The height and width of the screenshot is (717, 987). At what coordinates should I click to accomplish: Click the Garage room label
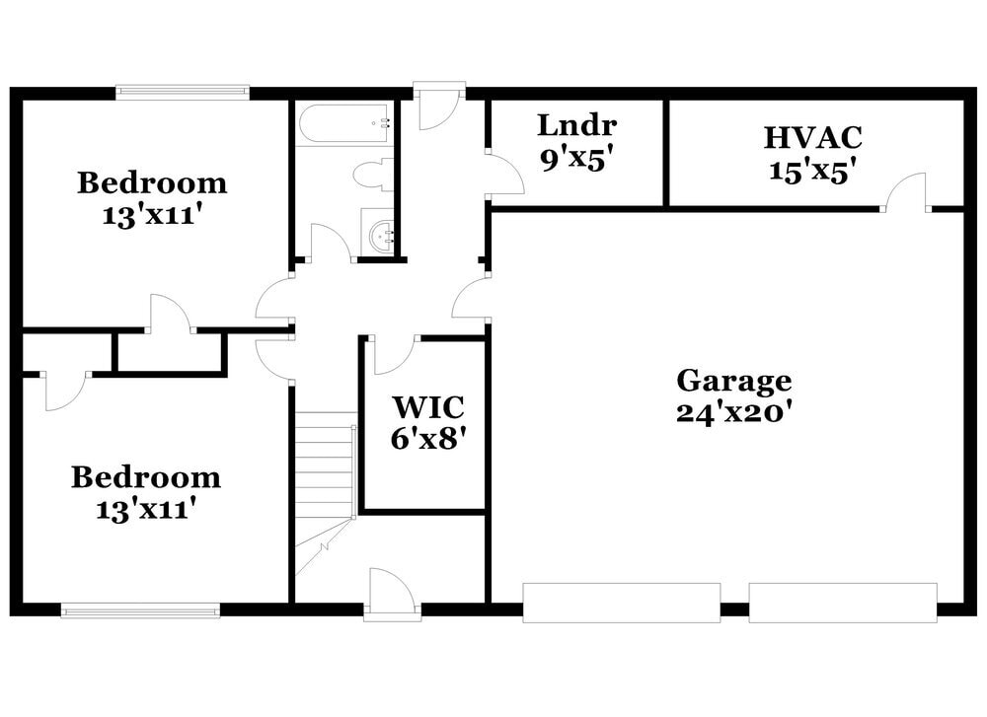tap(733, 381)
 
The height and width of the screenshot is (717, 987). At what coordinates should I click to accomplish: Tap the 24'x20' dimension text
tap(733, 412)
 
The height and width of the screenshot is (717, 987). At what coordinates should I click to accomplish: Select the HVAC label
tap(812, 137)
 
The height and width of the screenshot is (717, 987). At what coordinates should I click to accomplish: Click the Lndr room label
tap(576, 125)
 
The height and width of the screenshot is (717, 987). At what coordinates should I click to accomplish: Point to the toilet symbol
tap(374, 176)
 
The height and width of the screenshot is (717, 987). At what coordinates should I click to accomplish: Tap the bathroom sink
tap(377, 235)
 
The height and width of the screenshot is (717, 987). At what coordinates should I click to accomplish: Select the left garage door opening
tap(621, 603)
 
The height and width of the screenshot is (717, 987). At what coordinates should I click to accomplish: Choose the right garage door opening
tap(842, 603)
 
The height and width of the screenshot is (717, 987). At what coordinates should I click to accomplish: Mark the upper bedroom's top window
tap(183, 92)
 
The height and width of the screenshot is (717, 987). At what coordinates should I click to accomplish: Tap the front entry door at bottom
tap(391, 595)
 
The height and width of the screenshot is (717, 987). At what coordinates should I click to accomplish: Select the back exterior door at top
tap(438, 106)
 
